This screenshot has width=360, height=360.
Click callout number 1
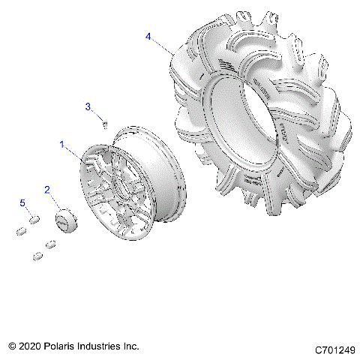tap(62, 142)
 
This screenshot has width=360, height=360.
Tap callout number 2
tap(46, 190)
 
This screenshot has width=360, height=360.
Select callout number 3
tap(87, 107)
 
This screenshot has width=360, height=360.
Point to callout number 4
tap(148, 36)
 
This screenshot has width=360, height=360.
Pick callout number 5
tap(22, 203)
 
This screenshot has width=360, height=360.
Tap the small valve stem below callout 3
tap(106, 123)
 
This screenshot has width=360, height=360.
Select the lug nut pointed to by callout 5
tap(34, 219)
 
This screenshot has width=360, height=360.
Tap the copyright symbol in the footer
tap(13, 346)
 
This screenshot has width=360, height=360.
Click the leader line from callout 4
tap(163, 45)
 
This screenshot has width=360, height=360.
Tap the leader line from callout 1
tap(75, 152)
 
